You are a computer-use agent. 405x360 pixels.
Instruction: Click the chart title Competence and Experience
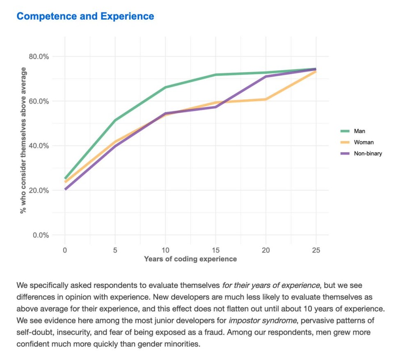(85, 16)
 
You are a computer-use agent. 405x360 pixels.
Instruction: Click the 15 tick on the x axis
(215, 250)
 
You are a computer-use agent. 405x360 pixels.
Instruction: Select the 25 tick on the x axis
(316, 250)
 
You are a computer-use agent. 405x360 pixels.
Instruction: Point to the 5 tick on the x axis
(115, 250)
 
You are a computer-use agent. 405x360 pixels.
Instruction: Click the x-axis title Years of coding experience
(190, 259)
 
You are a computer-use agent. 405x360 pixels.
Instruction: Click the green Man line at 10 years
(165, 87)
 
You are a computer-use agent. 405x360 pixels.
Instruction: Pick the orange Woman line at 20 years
(265, 99)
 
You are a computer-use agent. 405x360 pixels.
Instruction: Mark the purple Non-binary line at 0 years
(65, 189)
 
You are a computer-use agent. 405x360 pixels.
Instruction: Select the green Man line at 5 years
(115, 120)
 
